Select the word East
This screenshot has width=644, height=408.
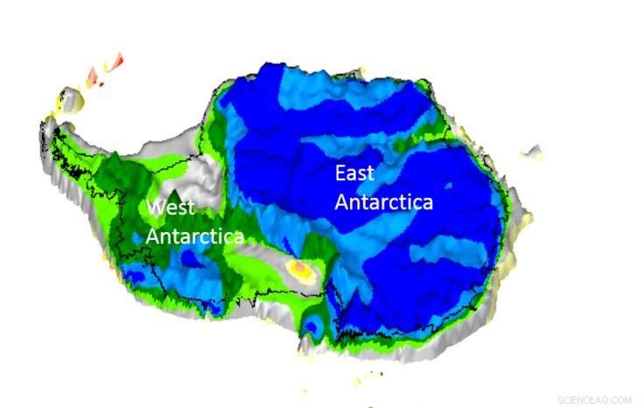pyautogui.click(x=354, y=173)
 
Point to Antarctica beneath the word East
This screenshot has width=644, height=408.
pyautogui.click(x=384, y=202)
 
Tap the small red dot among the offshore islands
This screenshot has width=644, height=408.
pyautogui.click(x=101, y=84)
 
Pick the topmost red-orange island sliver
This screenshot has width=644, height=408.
pyautogui.click(x=115, y=61)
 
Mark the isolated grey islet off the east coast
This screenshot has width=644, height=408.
pyautogui.click(x=532, y=152)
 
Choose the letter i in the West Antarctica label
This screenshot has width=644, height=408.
pyautogui.click(x=220, y=236)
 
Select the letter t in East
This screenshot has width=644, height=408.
pyautogui.click(x=370, y=173)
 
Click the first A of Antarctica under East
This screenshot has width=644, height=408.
pyautogui.click(x=343, y=202)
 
